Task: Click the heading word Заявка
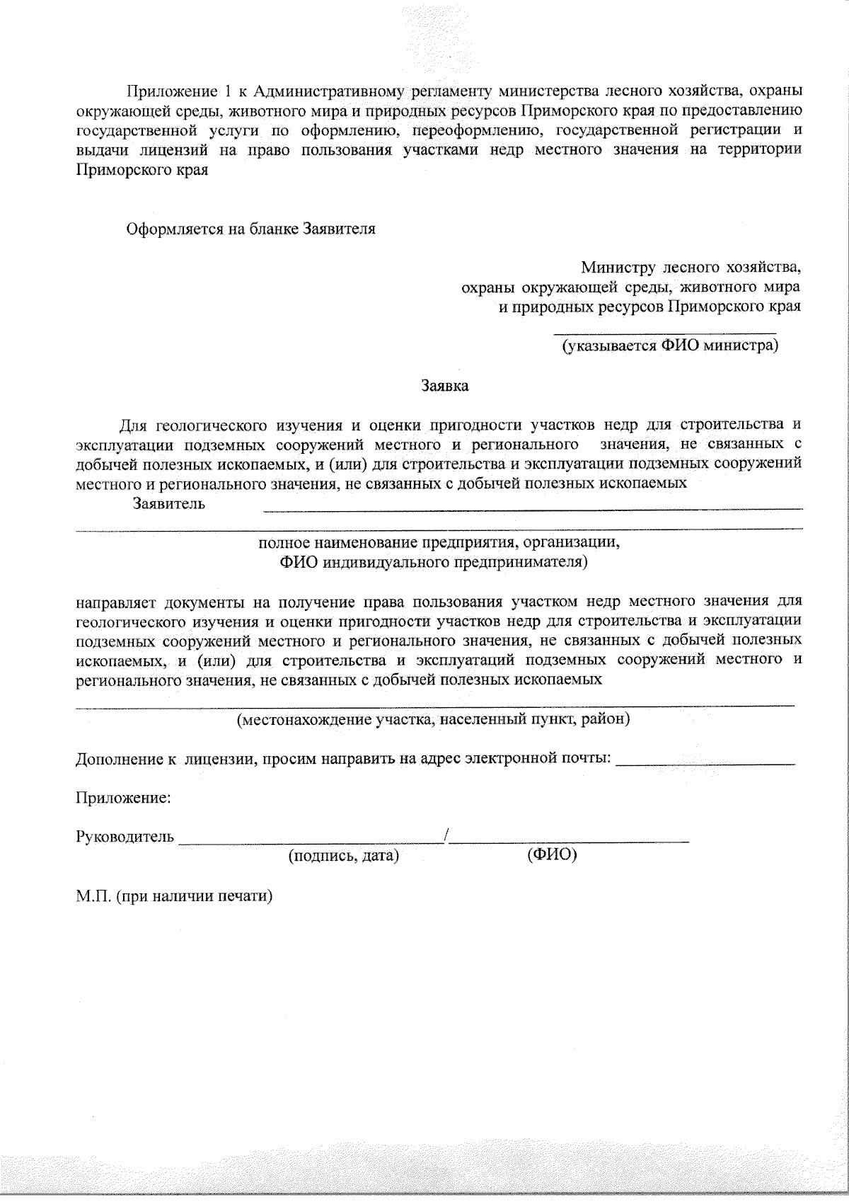tap(444, 387)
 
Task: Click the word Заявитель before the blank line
tap(169, 504)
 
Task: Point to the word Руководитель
tap(125, 837)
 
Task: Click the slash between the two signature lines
tap(446, 835)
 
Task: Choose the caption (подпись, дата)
tap(344, 856)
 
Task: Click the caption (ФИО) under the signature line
tap(552, 855)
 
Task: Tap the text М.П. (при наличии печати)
tap(175, 895)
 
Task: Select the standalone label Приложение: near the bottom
tap(123, 798)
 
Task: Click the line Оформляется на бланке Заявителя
tap(250, 229)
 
